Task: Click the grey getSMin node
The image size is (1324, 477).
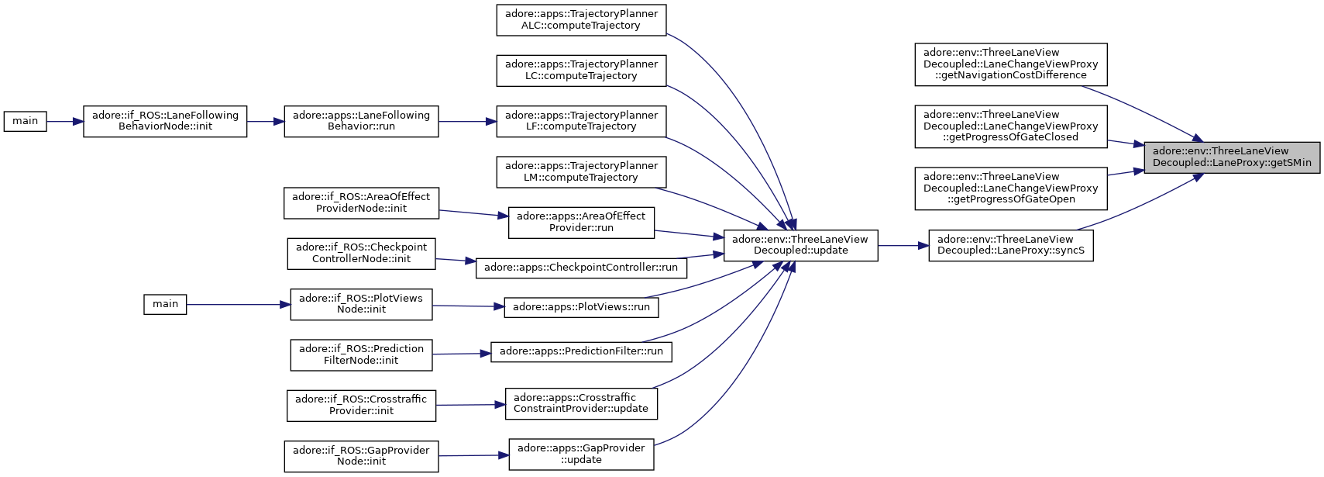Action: click(1232, 157)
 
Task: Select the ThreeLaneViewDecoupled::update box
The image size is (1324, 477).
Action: click(800, 245)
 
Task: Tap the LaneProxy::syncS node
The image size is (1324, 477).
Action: click(1011, 245)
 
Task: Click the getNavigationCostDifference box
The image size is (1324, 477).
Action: click(1011, 64)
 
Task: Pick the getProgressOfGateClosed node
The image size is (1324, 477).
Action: click(1011, 126)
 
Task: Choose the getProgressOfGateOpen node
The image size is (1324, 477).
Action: click(1011, 188)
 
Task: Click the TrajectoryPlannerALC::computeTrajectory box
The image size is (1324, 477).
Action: click(581, 20)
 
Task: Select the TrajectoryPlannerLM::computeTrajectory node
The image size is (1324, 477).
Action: click(581, 172)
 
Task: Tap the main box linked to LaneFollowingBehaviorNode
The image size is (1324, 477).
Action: click(25, 121)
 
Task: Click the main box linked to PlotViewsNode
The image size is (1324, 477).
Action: click(165, 304)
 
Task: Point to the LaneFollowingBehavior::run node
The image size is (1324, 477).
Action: click(361, 121)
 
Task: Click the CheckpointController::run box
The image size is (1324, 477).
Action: click(581, 268)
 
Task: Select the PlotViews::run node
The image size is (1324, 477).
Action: click(581, 307)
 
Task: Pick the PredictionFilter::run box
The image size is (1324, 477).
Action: click(581, 351)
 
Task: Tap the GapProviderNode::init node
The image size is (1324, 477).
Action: click(361, 456)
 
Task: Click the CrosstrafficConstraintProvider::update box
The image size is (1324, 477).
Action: click(581, 403)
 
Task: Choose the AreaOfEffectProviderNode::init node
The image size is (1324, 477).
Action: click(361, 203)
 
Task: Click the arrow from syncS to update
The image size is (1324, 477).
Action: click(903, 245)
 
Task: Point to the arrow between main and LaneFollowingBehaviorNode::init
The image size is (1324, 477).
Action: click(64, 121)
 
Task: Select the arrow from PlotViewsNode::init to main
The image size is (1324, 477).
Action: click(238, 304)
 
